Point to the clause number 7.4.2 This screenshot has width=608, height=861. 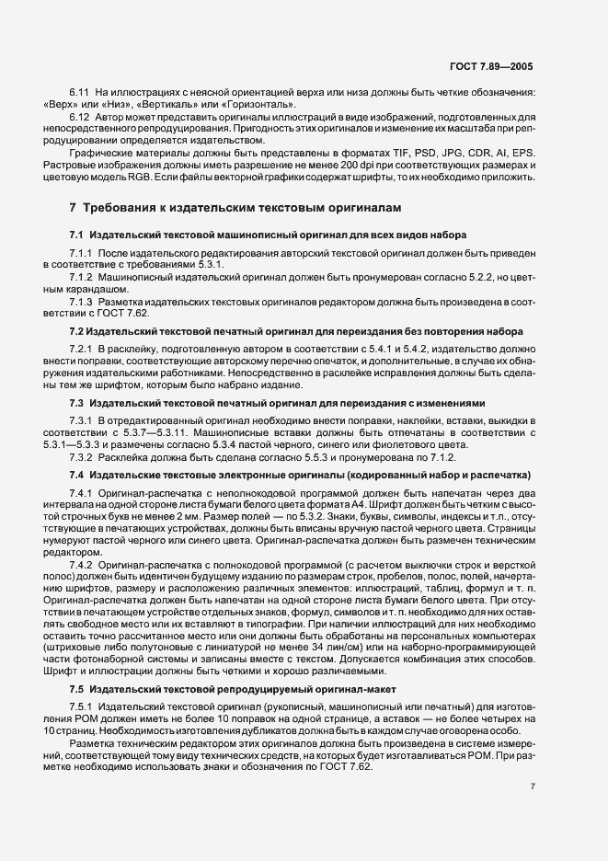pos(82,563)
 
